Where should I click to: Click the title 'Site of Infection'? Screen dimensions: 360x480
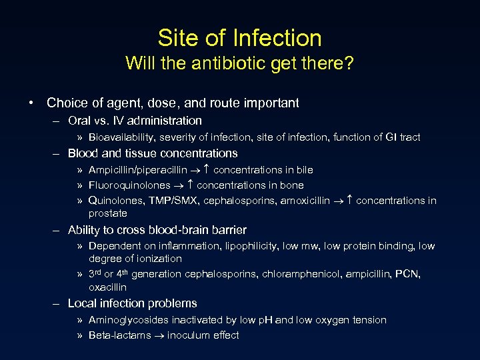coord(240,38)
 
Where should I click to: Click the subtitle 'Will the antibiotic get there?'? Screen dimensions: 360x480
coord(240,64)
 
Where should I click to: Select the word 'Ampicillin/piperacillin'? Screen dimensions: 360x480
coord(138,170)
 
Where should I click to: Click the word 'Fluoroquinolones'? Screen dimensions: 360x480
coord(129,185)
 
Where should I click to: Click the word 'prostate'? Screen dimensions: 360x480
coord(108,213)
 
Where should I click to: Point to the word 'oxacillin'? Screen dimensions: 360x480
coord(107,287)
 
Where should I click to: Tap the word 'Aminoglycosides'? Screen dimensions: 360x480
coord(127,320)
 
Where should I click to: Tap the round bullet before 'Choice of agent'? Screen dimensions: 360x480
coord(32,103)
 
